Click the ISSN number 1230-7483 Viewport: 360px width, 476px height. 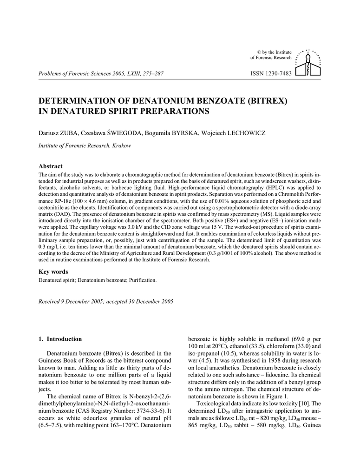[x=271, y=73]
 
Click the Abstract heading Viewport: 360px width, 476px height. [x=50, y=166]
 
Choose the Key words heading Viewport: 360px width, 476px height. [x=53, y=271]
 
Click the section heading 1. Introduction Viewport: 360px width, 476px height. [x=60, y=339]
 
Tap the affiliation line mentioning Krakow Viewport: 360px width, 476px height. [x=84, y=145]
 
